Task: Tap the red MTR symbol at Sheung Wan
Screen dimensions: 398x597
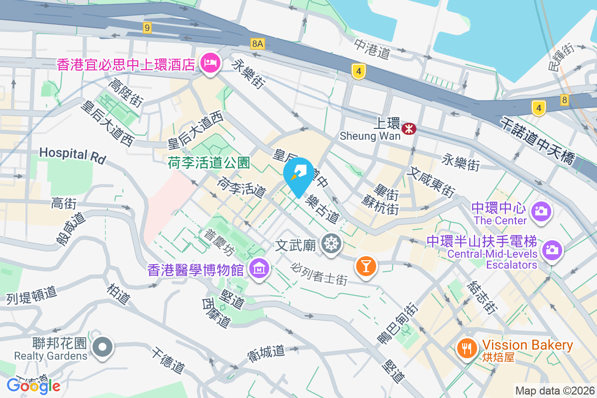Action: click(409, 129)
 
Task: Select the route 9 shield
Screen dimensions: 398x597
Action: click(147, 28)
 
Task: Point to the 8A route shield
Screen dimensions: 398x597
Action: click(257, 44)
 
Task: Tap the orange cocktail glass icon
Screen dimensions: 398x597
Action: click(366, 267)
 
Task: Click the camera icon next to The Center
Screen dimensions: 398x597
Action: click(540, 211)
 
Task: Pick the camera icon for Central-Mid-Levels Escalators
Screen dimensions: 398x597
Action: click(552, 249)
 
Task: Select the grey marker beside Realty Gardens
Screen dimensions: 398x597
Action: click(103, 347)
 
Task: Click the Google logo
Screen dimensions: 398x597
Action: click(33, 386)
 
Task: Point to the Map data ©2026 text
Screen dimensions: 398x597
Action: click(554, 391)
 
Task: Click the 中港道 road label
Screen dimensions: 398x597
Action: click(372, 49)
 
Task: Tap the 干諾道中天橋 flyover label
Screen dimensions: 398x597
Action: click(542, 137)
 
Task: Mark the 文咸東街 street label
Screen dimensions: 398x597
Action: click(431, 182)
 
